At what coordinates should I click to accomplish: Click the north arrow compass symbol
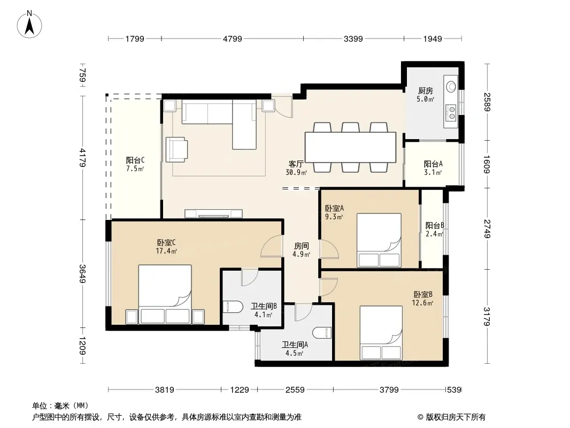click(x=29, y=25)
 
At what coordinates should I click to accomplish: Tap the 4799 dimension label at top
click(x=232, y=39)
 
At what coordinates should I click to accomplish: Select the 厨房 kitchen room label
click(x=425, y=90)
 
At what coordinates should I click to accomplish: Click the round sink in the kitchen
click(x=451, y=86)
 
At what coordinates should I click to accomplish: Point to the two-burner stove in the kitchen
click(x=451, y=112)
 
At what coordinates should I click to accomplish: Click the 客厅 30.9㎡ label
click(x=296, y=168)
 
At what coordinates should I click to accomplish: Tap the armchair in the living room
click(x=176, y=149)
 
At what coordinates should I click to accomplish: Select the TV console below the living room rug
click(x=213, y=213)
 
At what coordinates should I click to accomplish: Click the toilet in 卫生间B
click(x=232, y=307)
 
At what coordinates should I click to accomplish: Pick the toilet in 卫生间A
click(x=322, y=333)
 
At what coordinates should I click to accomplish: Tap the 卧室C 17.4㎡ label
click(x=166, y=247)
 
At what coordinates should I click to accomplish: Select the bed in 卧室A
click(x=379, y=240)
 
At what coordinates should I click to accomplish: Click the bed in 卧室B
click(x=381, y=333)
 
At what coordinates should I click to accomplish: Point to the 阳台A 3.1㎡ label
click(x=433, y=168)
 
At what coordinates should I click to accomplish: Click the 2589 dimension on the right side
click(x=487, y=102)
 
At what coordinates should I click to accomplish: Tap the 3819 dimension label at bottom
click(x=165, y=390)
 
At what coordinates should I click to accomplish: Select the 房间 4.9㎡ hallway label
click(x=301, y=250)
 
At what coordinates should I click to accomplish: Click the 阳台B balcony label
click(x=435, y=225)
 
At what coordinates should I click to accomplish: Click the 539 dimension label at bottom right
click(x=454, y=390)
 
